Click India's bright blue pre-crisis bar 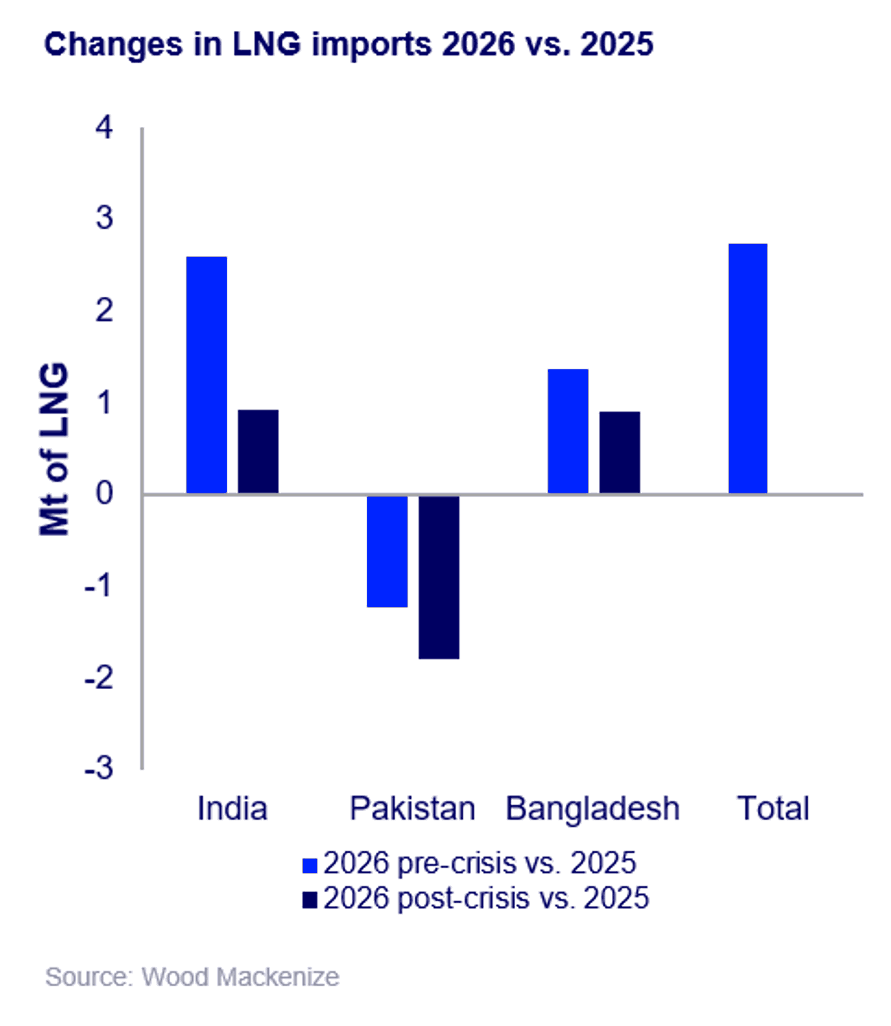[x=206, y=375]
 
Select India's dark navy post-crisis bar [x=258, y=452]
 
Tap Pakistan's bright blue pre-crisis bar [x=387, y=551]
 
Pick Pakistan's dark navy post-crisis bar [x=439, y=577]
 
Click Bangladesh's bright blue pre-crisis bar [x=568, y=431]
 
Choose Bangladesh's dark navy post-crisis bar [x=620, y=453]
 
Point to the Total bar [x=748, y=368]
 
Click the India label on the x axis [x=232, y=808]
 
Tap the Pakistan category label [x=412, y=808]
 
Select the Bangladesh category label [x=592, y=808]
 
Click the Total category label [x=773, y=808]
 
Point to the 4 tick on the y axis [x=104, y=127]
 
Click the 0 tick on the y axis [x=104, y=493]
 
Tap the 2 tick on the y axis [x=104, y=311]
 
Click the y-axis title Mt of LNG [x=53, y=450]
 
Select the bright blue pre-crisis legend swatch [x=310, y=866]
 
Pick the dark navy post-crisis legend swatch [x=310, y=900]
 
